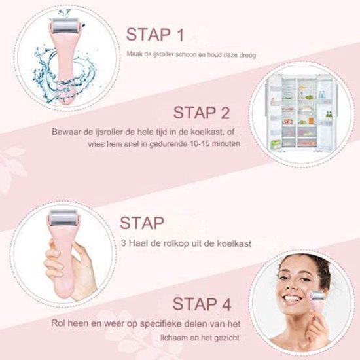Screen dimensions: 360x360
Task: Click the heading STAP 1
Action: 155,35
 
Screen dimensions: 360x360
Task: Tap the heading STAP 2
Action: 202,113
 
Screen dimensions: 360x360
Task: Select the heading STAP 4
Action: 202,304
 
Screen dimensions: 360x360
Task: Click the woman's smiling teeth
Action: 291,299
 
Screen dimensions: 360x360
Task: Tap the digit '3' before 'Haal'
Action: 124,243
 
